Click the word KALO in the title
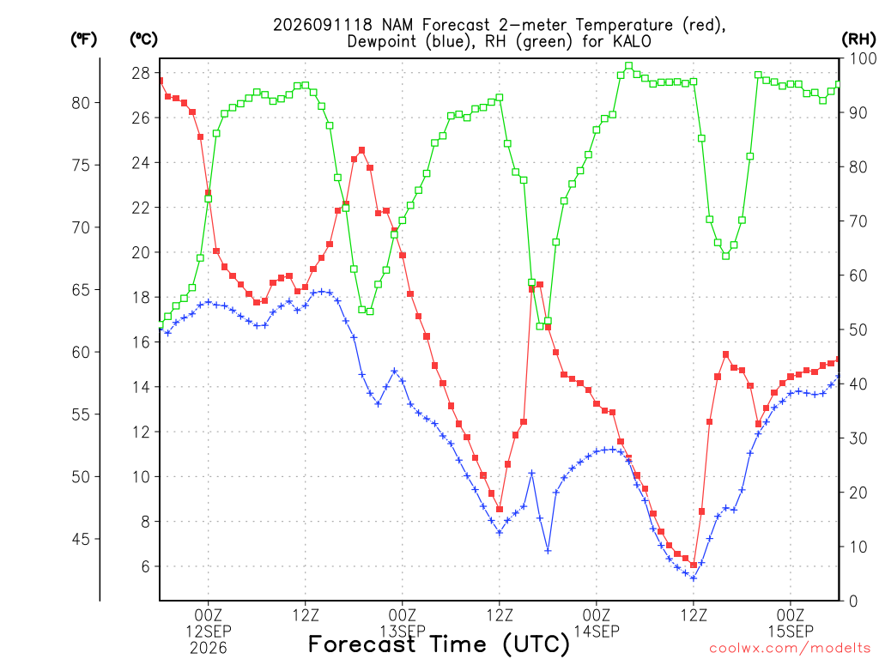pos(632,41)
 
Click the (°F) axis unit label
pos(83,39)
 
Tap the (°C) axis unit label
pos(143,39)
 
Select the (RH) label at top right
pos(858,39)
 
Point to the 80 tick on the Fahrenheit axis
pos(81,103)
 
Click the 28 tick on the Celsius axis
pos(141,73)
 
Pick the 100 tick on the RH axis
pos(863,58)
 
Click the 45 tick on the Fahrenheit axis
pos(81,539)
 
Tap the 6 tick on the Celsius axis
pos(146,566)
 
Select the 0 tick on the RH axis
pos(854,602)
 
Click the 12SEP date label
pos(209,631)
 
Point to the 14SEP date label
pos(597,632)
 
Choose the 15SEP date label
pos(791,632)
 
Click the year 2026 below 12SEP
pos(209,649)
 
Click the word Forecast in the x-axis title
pos(362,644)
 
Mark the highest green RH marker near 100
pos(629,66)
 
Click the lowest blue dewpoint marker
pos(694,577)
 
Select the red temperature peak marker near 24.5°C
pos(361,150)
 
